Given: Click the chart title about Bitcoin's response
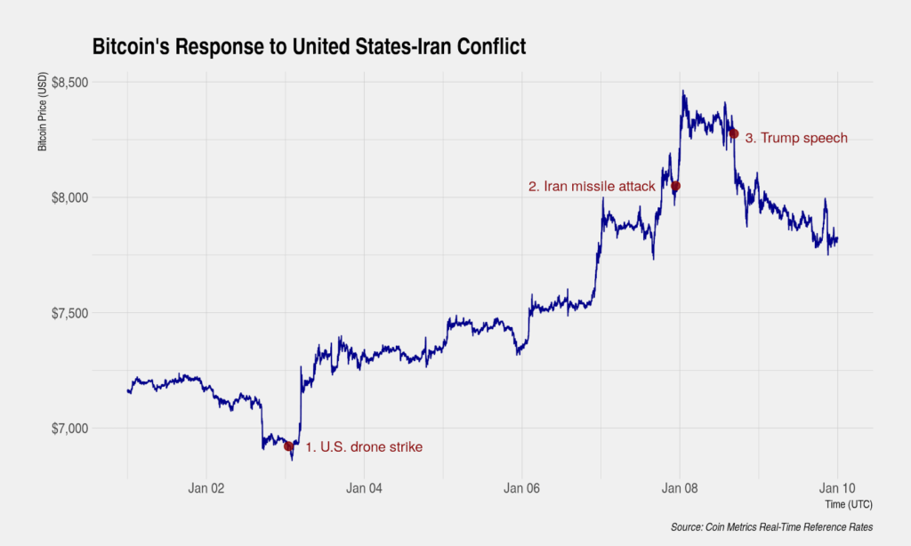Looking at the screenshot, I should (x=309, y=47).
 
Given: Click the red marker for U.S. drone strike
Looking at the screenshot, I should (x=288, y=446).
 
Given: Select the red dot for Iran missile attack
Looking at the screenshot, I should (x=675, y=186).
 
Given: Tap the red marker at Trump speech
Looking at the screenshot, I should (x=734, y=133).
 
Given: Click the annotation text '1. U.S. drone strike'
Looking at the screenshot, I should (x=364, y=447).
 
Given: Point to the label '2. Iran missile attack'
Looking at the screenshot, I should (x=592, y=187).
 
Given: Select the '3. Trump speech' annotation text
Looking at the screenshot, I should (x=795, y=138).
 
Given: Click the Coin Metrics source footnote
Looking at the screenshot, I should (x=771, y=527).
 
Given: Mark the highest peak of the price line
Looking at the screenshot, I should (x=682, y=91).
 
